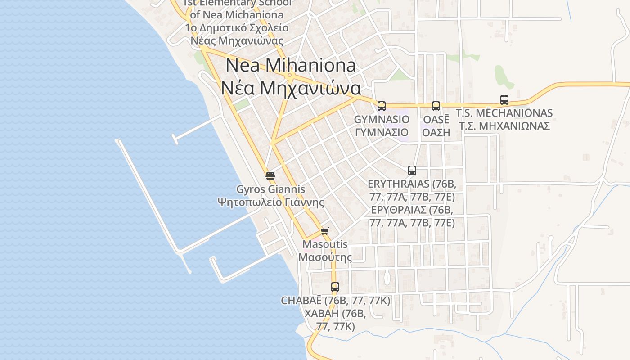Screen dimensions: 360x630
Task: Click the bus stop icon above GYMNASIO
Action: click(x=382, y=106)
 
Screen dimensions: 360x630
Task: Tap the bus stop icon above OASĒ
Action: click(x=436, y=106)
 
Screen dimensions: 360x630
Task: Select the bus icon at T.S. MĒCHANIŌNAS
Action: click(x=504, y=100)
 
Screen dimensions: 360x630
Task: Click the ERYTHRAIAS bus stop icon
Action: click(x=412, y=171)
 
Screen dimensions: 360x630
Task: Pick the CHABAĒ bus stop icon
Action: click(x=335, y=287)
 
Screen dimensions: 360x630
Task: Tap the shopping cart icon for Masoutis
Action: click(x=325, y=231)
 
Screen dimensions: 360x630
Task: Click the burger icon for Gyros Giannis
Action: click(x=270, y=175)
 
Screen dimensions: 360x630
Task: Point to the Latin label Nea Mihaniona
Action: click(x=290, y=65)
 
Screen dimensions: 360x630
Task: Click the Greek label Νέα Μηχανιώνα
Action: click(x=290, y=88)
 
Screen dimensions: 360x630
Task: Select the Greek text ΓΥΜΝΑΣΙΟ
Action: click(x=382, y=132)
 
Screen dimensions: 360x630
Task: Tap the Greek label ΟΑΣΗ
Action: click(x=436, y=132)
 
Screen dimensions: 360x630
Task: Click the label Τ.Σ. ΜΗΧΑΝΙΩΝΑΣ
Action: click(x=504, y=126)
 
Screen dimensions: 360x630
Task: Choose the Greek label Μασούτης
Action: click(x=325, y=257)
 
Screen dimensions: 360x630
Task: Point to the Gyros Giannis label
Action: click(x=270, y=189)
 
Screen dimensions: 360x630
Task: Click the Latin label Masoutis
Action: click(x=325, y=244)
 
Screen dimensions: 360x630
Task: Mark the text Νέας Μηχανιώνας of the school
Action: click(x=237, y=40)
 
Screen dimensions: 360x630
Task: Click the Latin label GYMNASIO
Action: click(x=382, y=119)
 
